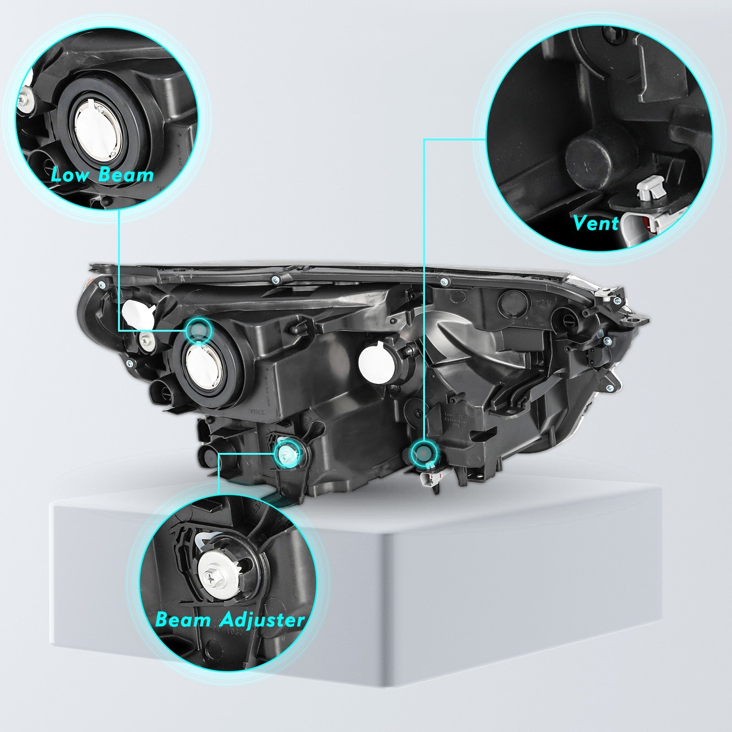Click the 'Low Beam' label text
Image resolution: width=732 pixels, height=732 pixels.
click(102, 175)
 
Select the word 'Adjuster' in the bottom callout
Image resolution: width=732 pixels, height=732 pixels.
click(262, 620)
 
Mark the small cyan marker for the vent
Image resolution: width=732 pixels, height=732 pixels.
click(424, 452)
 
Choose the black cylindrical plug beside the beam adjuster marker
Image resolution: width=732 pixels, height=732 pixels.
click(208, 456)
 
